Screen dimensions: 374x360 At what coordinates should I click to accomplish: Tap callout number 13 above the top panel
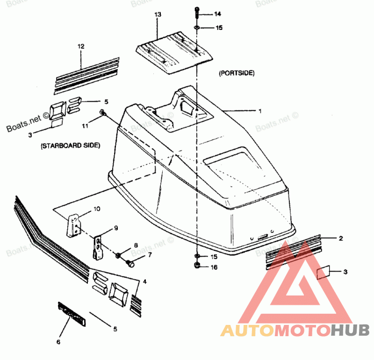tap(158, 15)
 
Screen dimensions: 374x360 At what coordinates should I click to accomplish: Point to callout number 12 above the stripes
tap(81, 46)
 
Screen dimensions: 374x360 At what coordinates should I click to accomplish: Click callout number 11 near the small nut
tap(85, 126)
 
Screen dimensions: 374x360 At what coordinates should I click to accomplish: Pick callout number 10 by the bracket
tap(97, 209)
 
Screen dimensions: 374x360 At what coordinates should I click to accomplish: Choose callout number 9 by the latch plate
tap(115, 229)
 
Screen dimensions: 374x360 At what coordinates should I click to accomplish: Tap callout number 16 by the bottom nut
tap(215, 267)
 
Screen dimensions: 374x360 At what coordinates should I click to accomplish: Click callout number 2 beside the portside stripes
tap(341, 238)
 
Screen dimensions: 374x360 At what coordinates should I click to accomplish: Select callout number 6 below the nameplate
tap(58, 342)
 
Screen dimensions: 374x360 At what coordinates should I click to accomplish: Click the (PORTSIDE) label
tap(236, 73)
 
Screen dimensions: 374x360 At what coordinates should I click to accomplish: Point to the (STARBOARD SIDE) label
tap(70, 146)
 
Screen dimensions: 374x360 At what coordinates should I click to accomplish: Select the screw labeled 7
tap(130, 264)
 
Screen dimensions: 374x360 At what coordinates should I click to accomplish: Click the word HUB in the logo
tap(350, 330)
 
